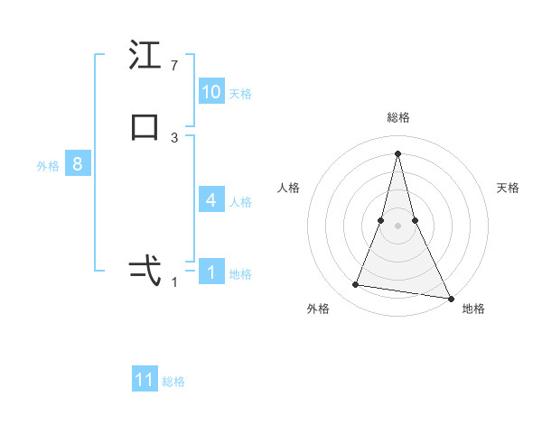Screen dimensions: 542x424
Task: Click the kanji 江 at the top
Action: [x=145, y=56]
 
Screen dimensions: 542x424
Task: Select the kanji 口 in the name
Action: [x=145, y=127]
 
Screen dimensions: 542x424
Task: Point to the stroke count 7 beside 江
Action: [x=174, y=66]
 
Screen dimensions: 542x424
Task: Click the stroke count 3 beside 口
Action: [x=174, y=138]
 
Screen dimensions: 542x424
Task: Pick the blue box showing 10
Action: [x=211, y=92]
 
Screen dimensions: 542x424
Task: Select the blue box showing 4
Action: [x=211, y=200]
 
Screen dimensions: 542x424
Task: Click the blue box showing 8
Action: [x=78, y=165]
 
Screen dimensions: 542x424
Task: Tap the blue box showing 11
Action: [x=145, y=380]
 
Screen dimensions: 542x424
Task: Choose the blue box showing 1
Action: [x=211, y=272]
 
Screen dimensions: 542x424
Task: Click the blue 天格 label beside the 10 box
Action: [x=240, y=94]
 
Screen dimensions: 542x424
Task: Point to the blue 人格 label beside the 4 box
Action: [x=240, y=202]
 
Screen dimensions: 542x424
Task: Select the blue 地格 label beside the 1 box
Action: [x=240, y=274]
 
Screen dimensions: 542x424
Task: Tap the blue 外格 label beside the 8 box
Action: [x=48, y=167]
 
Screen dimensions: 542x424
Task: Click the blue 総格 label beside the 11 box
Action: [x=173, y=382]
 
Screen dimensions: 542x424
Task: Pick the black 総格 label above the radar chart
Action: [x=397, y=117]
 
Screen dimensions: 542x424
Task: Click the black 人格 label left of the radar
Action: [x=288, y=188]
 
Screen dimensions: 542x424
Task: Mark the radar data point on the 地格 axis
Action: [x=450, y=297]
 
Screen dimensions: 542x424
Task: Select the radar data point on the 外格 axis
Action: [x=355, y=285]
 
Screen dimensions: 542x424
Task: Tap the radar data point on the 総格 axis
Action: [x=397, y=152]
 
